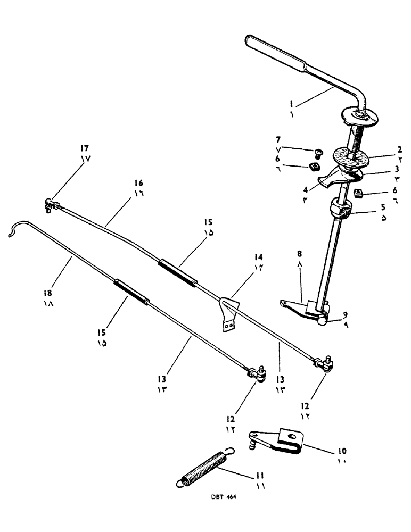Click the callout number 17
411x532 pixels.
click(85, 148)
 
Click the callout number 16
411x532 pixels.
click(138, 182)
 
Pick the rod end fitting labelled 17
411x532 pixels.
click(51, 203)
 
